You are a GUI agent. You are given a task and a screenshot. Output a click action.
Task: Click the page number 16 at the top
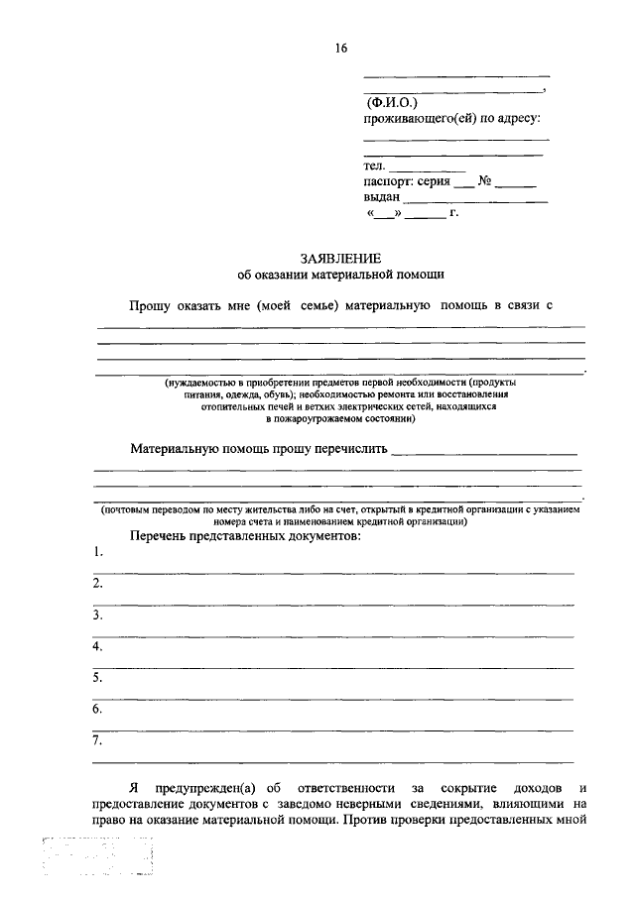click(341, 47)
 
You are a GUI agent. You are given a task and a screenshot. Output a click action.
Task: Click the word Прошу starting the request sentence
click(151, 306)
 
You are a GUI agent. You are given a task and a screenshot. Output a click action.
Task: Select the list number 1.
click(96, 552)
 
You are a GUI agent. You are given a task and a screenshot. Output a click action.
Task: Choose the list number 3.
click(97, 615)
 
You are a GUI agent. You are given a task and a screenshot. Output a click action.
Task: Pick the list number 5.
click(97, 678)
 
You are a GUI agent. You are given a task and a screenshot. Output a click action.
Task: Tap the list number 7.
click(97, 740)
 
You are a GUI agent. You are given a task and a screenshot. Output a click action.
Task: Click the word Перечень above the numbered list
click(161, 535)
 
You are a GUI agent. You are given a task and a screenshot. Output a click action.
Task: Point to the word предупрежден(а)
click(204, 786)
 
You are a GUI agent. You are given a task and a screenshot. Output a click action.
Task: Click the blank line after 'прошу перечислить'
click(484, 452)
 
